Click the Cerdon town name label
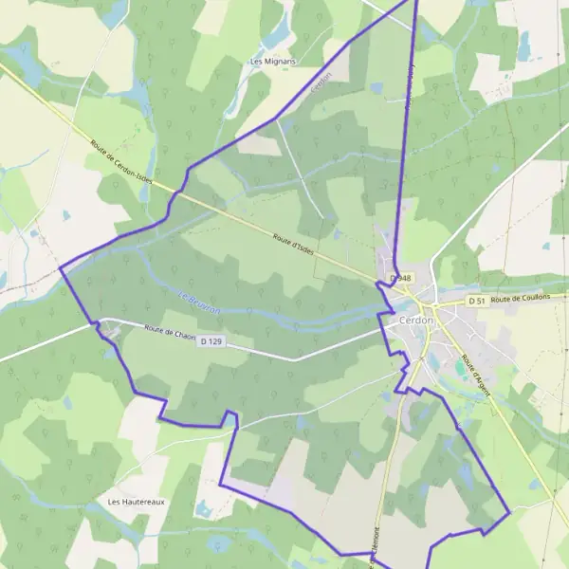417,321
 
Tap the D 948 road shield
400,278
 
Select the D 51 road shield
476,301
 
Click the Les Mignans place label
272,62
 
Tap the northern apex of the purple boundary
417,1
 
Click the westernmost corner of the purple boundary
61,267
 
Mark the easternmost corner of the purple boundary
510,513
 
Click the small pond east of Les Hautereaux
202,510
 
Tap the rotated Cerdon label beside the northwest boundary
321,83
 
